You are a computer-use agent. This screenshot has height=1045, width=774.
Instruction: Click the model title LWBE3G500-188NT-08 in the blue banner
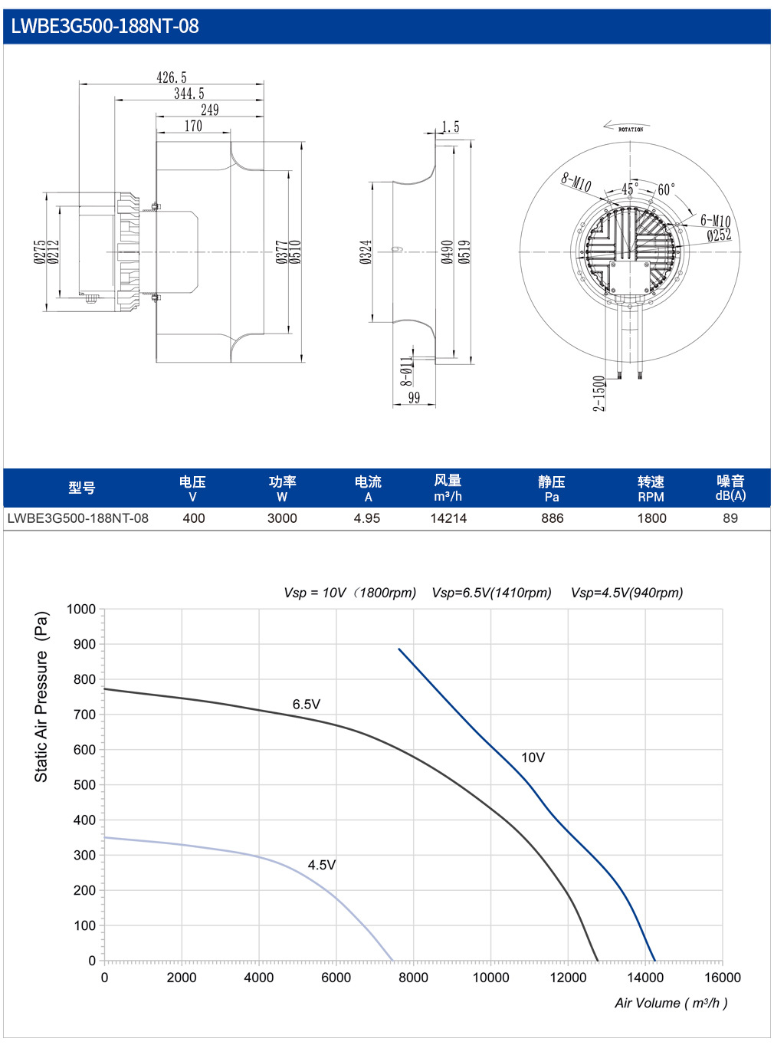coord(104,26)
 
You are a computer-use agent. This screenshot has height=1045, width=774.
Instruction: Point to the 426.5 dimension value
coord(172,77)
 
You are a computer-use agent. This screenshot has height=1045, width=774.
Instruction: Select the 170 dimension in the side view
coord(193,126)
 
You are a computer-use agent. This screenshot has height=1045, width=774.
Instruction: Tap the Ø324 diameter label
coord(366,251)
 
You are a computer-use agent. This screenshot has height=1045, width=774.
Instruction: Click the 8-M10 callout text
coord(576,182)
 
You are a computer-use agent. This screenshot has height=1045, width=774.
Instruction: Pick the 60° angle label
coord(666,189)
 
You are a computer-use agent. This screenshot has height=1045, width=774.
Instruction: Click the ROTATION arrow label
coord(631,130)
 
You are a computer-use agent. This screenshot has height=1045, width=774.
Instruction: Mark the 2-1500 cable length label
coord(599,393)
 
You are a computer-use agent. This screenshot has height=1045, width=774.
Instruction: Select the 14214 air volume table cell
coord(448,518)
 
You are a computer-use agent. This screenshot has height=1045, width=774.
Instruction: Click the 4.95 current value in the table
coord(366,518)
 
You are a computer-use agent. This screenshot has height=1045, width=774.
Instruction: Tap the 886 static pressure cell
coord(552,518)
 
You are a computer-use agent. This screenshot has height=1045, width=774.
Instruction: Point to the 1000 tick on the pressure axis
coord(81,610)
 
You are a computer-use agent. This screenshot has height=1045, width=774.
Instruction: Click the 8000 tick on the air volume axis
coord(413,978)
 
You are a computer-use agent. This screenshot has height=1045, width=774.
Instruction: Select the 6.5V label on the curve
coord(307,704)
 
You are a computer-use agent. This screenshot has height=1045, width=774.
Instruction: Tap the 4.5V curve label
coord(321,865)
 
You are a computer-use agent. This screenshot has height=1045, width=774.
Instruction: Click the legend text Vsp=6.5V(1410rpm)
coord(491,593)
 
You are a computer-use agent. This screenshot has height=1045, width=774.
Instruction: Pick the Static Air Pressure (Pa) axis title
coord(41,697)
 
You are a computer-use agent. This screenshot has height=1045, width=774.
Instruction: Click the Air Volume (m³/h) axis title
coord(671,1003)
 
